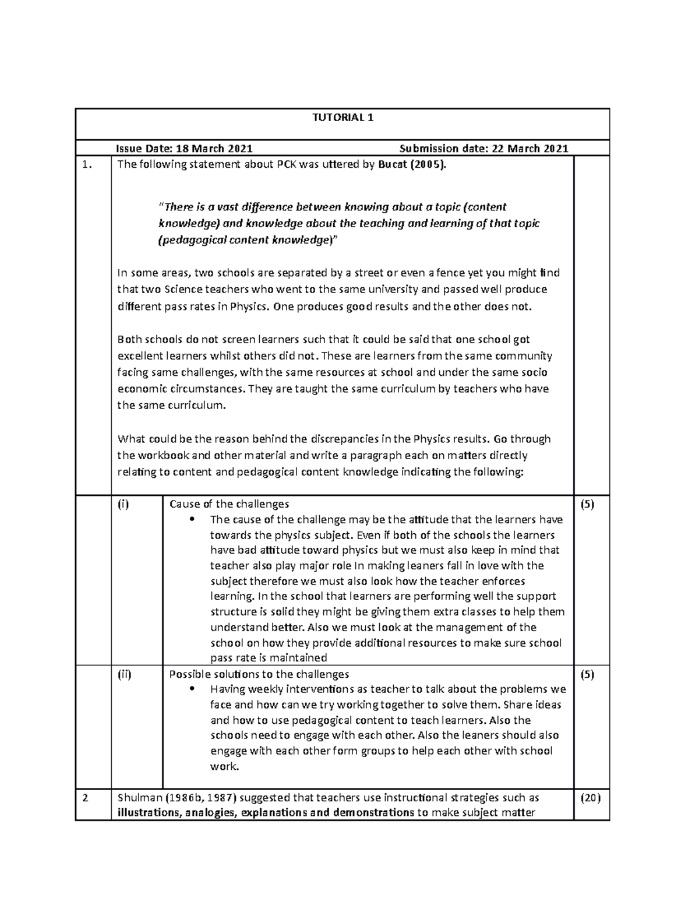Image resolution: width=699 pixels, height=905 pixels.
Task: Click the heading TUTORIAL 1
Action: click(x=343, y=118)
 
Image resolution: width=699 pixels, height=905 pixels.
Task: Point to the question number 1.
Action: click(x=87, y=164)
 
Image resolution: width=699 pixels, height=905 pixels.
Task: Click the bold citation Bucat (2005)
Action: click(x=413, y=164)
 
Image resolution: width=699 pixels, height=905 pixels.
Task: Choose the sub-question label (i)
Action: click(x=123, y=504)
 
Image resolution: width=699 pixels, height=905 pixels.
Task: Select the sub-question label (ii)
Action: click(x=125, y=674)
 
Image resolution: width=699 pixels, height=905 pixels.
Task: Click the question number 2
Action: click(x=86, y=798)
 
